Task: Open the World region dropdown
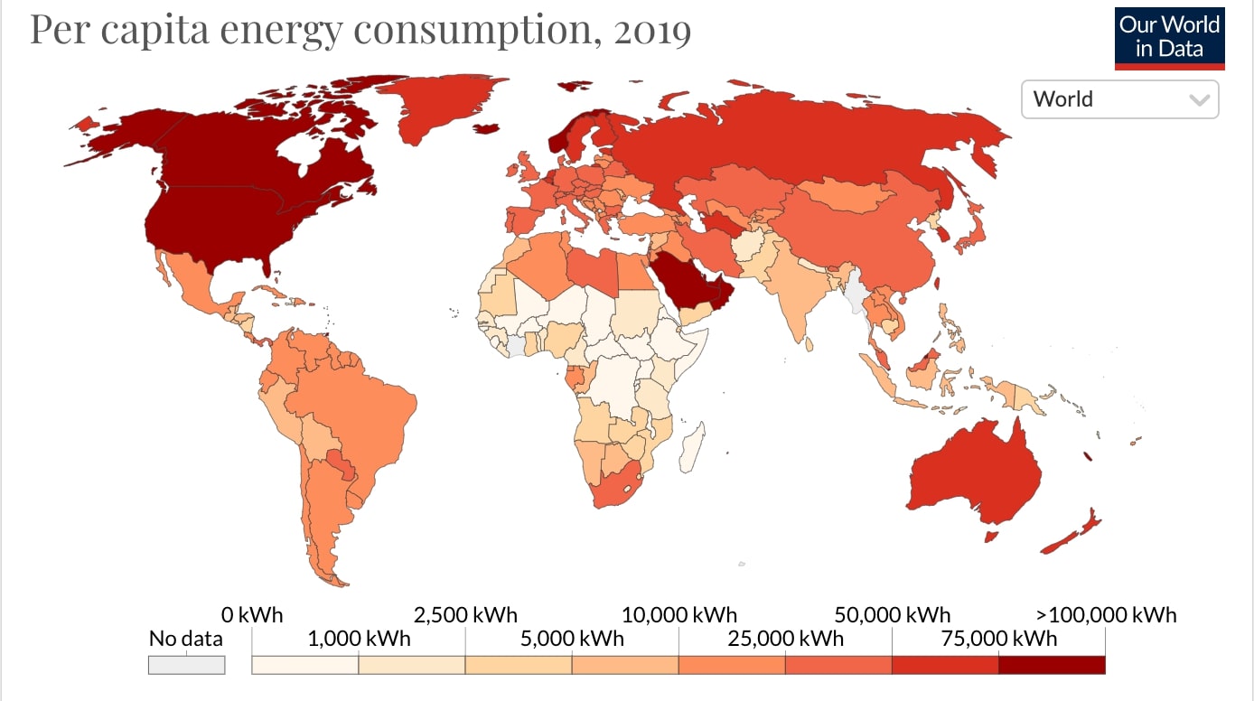1119,99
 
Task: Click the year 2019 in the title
652,31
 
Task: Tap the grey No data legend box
186,664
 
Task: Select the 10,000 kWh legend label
678,615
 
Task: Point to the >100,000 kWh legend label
1106,615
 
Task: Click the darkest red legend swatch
1052,665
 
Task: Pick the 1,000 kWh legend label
359,639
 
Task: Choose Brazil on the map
361,416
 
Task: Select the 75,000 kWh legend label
998,639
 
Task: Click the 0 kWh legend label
252,615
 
